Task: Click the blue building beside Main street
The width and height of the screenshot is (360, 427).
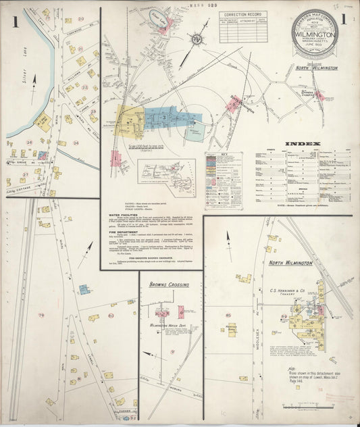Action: pos(83,289)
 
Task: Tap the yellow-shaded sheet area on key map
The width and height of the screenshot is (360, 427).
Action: pos(128,119)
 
